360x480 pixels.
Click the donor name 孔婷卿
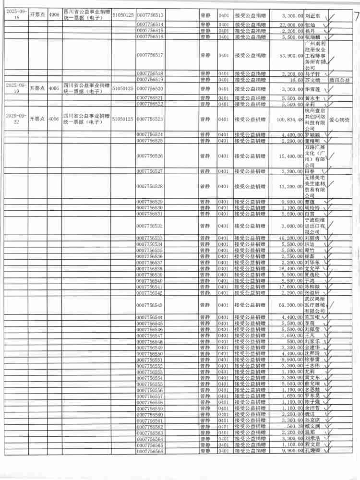[x=312, y=451]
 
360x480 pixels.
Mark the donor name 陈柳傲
[x=312, y=287]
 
